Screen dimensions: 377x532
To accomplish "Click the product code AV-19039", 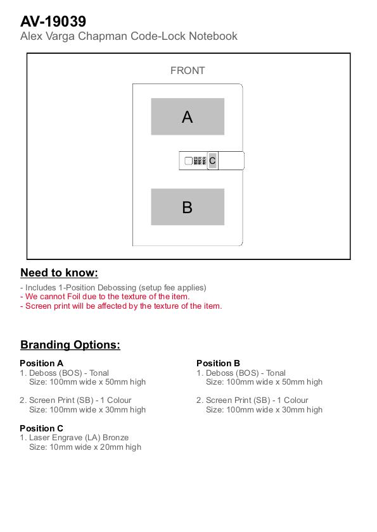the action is point(53,22).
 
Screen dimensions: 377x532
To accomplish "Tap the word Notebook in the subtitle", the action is point(213,36).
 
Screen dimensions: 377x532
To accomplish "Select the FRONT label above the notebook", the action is point(188,71).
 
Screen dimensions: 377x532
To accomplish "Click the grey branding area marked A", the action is point(188,116).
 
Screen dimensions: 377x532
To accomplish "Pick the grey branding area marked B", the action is point(188,207).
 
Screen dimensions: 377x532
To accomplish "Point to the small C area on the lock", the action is point(212,161).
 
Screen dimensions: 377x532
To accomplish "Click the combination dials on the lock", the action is point(200,161).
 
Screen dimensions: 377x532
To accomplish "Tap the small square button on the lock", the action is point(188,161).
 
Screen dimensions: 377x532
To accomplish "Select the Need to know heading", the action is point(59,273).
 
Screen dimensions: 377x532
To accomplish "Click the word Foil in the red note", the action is point(73,297).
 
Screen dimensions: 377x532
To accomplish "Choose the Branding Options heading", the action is point(70,345).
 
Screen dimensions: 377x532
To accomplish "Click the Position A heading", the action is point(41,363).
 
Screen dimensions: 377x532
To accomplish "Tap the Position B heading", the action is point(218,363).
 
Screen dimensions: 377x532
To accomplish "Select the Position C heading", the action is point(41,428).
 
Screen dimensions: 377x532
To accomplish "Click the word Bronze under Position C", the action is point(115,438).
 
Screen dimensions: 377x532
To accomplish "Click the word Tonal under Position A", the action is point(99,373).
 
